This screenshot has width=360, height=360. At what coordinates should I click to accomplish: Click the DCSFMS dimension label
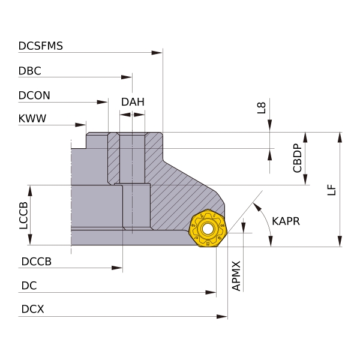pyautogui.click(x=41, y=46)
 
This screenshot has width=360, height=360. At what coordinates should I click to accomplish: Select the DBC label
pyautogui.click(x=30, y=70)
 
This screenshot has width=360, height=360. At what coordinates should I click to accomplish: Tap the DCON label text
pyautogui.click(x=34, y=95)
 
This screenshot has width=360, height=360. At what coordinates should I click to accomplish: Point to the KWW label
pyautogui.click(x=32, y=119)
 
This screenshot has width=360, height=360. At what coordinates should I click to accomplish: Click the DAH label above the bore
pyautogui.click(x=133, y=101)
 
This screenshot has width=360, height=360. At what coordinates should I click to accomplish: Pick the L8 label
pyautogui.click(x=260, y=107)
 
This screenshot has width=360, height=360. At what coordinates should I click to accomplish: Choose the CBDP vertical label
pyautogui.click(x=297, y=158)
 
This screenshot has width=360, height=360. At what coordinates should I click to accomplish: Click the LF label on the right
pyautogui.click(x=332, y=189)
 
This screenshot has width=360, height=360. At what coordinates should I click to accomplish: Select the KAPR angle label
pyautogui.click(x=286, y=221)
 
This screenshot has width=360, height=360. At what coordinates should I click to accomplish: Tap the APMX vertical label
pyautogui.click(x=236, y=275)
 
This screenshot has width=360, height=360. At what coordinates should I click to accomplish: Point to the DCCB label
pyautogui.click(x=36, y=262)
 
